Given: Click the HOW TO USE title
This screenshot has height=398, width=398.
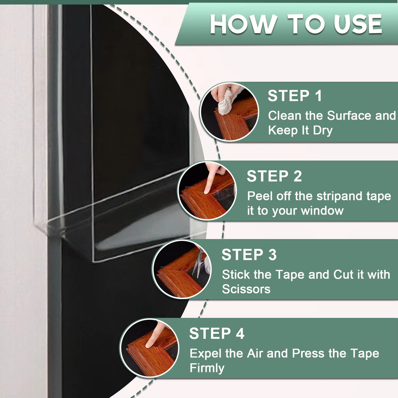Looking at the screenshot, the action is pyautogui.click(x=296, y=24).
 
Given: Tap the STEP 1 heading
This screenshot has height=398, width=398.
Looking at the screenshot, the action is pyautogui.click(x=295, y=96).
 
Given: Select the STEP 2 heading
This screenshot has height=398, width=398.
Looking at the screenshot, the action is pyautogui.click(x=274, y=176).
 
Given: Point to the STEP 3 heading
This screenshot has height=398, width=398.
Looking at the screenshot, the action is pyautogui.click(x=249, y=255).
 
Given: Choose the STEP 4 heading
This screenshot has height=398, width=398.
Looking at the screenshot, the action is pyautogui.click(x=217, y=333).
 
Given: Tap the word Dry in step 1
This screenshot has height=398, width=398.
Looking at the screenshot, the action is pyautogui.click(x=323, y=131).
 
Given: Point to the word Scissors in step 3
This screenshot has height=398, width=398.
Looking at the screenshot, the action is pyautogui.click(x=246, y=289).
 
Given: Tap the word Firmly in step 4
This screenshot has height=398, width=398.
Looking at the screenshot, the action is pyautogui.click(x=207, y=368).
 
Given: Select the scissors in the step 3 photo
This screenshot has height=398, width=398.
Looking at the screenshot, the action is pyautogui.click(x=198, y=263).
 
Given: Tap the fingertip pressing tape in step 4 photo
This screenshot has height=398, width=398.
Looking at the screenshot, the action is pyautogui.click(x=150, y=344).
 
